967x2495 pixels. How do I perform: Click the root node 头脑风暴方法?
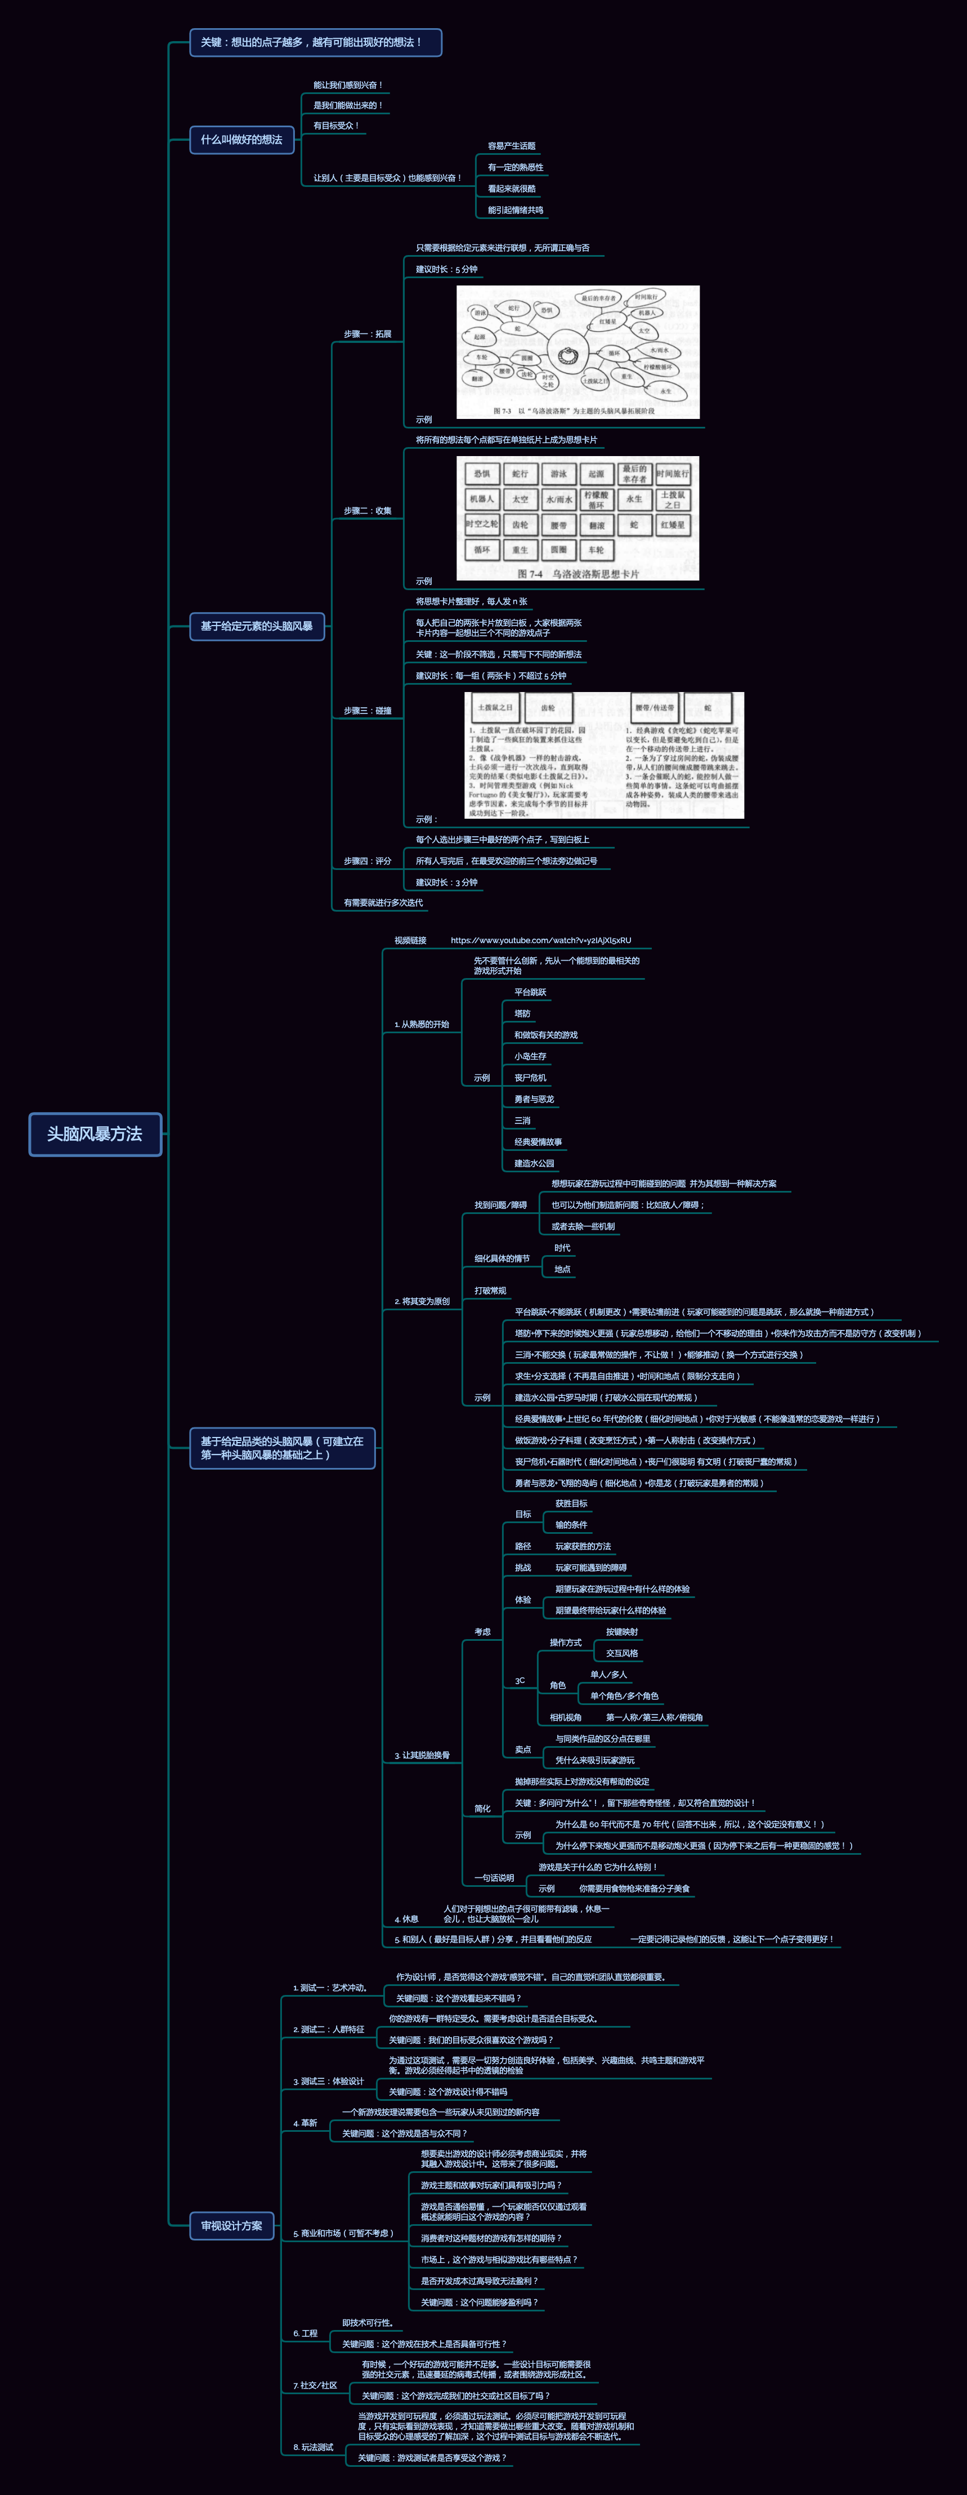95,1133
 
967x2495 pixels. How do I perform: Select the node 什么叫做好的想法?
241,140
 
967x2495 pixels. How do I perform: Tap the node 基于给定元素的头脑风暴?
257,626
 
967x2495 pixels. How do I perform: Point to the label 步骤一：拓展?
368,334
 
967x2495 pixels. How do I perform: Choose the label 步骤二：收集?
368,510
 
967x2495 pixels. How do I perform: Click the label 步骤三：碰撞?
368,711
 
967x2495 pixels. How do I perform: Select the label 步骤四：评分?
368,861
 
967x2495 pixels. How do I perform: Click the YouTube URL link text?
540,940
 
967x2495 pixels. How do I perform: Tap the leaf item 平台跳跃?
530,992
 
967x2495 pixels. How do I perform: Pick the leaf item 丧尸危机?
530,1077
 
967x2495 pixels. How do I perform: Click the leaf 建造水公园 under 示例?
534,1163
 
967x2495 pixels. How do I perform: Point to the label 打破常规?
490,1290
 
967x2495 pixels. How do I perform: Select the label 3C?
520,1680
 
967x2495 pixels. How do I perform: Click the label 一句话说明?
494,1878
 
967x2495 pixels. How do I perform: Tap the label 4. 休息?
406,1919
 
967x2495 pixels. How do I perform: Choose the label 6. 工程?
306,2333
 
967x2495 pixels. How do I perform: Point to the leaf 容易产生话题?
511,146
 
